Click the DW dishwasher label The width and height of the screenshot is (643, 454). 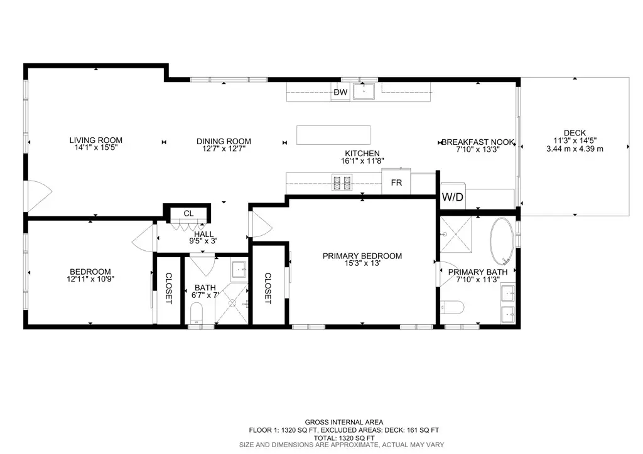point(340,93)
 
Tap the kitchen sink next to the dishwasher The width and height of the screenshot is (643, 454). point(363,92)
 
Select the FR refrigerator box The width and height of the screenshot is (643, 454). point(396,182)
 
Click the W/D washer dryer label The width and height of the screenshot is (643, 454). point(452,197)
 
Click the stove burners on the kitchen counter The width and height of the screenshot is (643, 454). point(342,182)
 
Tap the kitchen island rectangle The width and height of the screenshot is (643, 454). point(333,135)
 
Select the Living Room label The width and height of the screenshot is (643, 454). point(95,140)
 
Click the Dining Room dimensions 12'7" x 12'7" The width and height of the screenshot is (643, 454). point(224,149)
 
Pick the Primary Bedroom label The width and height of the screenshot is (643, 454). point(362,256)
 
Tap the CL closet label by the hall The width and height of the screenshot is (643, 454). point(188,214)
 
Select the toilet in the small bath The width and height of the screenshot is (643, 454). point(197,312)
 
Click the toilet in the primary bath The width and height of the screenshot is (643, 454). point(452,307)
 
